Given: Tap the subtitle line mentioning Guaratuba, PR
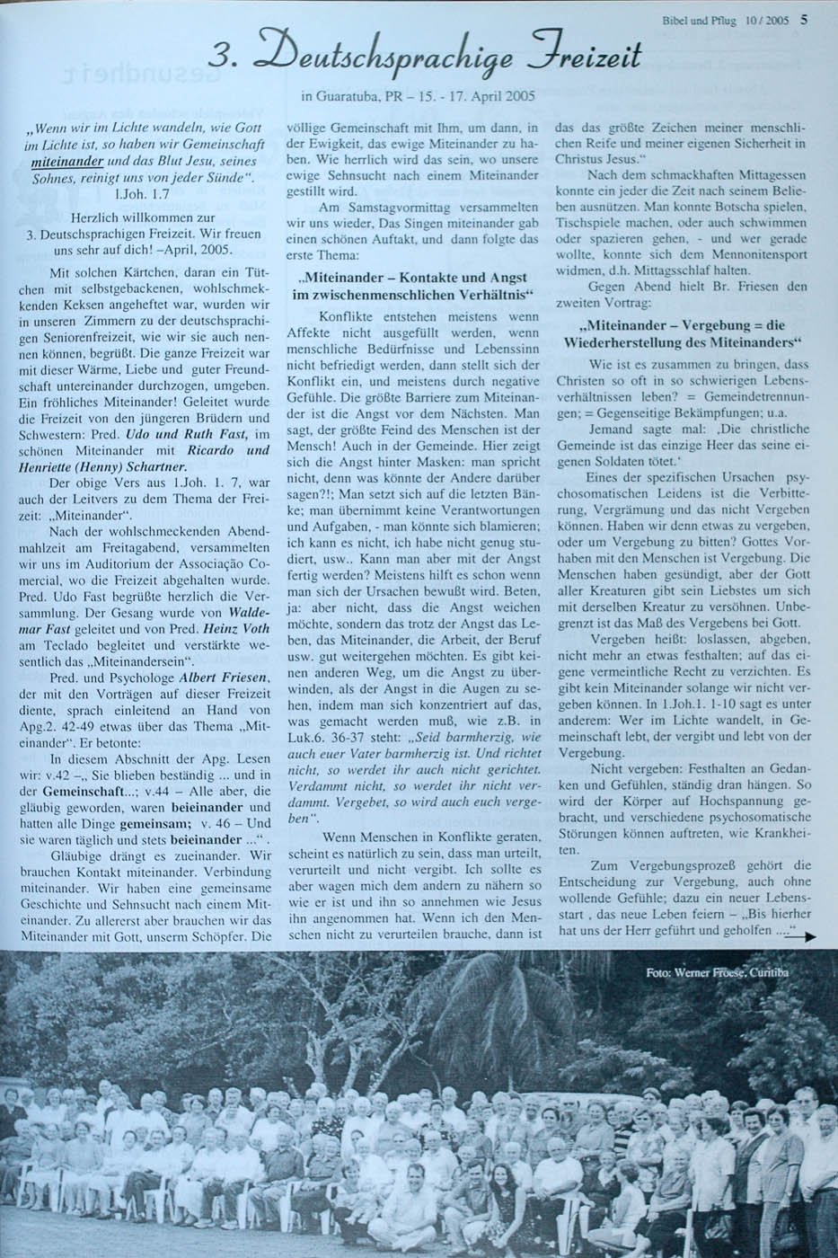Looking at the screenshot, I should click(x=412, y=95).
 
